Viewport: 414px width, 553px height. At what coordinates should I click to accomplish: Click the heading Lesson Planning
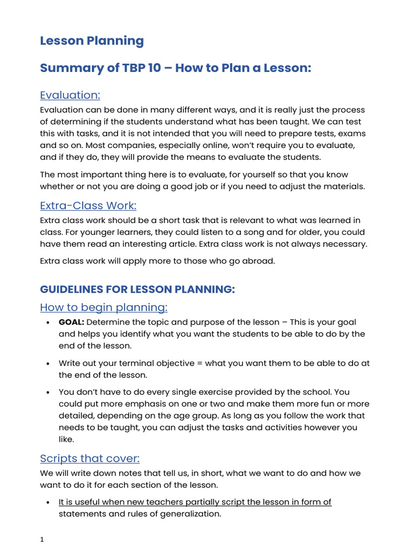tap(92, 41)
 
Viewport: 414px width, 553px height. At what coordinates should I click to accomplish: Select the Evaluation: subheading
tap(70, 95)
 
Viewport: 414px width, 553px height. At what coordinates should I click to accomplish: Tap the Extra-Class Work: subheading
tap(88, 206)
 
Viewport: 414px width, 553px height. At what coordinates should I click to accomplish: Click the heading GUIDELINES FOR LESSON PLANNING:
tap(137, 289)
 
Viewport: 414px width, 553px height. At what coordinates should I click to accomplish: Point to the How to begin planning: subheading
tap(103, 307)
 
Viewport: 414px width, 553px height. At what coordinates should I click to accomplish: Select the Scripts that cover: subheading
tap(89, 458)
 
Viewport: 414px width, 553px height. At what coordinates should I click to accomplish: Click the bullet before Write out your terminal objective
tap(49, 363)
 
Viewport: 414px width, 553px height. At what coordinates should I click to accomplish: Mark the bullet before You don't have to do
tap(49, 393)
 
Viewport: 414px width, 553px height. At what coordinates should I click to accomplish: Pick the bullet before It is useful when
tap(49, 502)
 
